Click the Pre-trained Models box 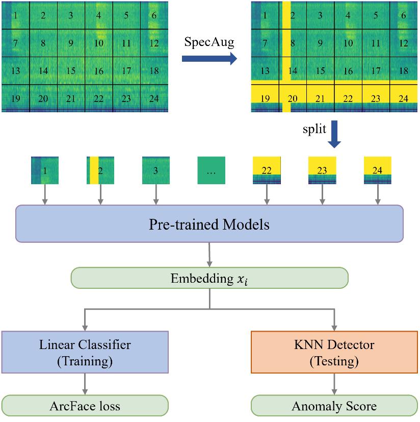coord(209,224)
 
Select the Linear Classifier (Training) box coord(85,353)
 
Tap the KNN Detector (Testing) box coord(334,353)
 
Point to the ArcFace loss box coord(85,406)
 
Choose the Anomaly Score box coord(334,406)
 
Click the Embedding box coord(209,279)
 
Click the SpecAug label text coord(209,42)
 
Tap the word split coord(313,130)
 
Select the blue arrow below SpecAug coord(209,59)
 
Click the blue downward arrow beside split coord(335,134)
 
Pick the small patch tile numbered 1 coord(45,170)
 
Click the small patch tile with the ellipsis coord(212,170)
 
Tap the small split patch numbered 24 coord(378,170)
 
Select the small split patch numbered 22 coord(267,170)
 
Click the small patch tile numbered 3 coord(155,170)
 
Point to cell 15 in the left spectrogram coord(71,70)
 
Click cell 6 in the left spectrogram coord(154,15)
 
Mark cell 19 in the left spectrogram coord(15,98)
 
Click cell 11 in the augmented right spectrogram coord(375,43)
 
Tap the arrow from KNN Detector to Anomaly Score coord(334,383)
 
